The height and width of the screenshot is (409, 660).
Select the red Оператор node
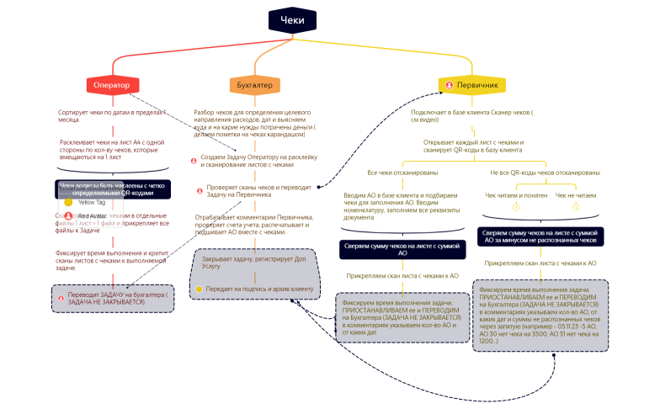(112, 85)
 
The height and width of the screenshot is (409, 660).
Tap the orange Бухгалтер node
(255, 85)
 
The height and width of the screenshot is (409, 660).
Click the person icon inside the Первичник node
(451, 85)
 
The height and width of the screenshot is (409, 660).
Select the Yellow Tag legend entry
(91, 203)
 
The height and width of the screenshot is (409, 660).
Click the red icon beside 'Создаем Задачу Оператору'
(194, 160)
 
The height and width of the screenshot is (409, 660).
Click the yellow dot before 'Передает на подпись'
(199, 289)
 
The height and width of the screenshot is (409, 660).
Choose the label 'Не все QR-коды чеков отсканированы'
(545, 173)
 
